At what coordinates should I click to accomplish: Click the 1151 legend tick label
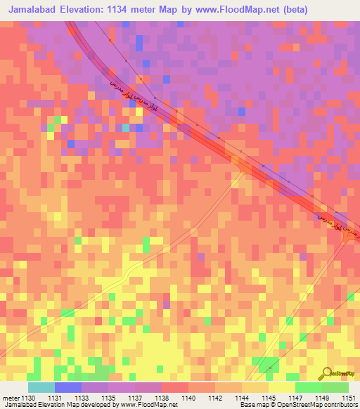[x=349, y=397]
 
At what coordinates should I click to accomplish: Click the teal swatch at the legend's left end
[x=41, y=387]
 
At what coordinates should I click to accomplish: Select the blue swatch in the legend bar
[x=68, y=387]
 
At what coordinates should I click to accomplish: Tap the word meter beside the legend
[x=11, y=397]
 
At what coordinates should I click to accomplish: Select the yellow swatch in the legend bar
[x=282, y=387]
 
